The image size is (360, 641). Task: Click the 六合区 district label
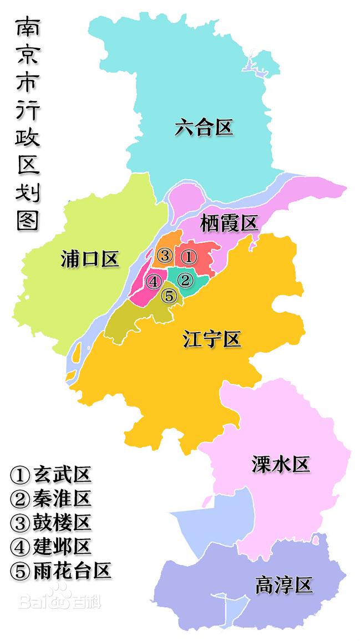(203, 128)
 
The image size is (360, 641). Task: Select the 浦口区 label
(90, 259)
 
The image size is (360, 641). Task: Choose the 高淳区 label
(284, 585)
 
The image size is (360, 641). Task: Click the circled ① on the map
(189, 257)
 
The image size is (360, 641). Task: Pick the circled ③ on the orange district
(164, 256)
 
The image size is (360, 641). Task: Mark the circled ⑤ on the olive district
(169, 297)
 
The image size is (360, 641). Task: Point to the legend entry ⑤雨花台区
(60, 571)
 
